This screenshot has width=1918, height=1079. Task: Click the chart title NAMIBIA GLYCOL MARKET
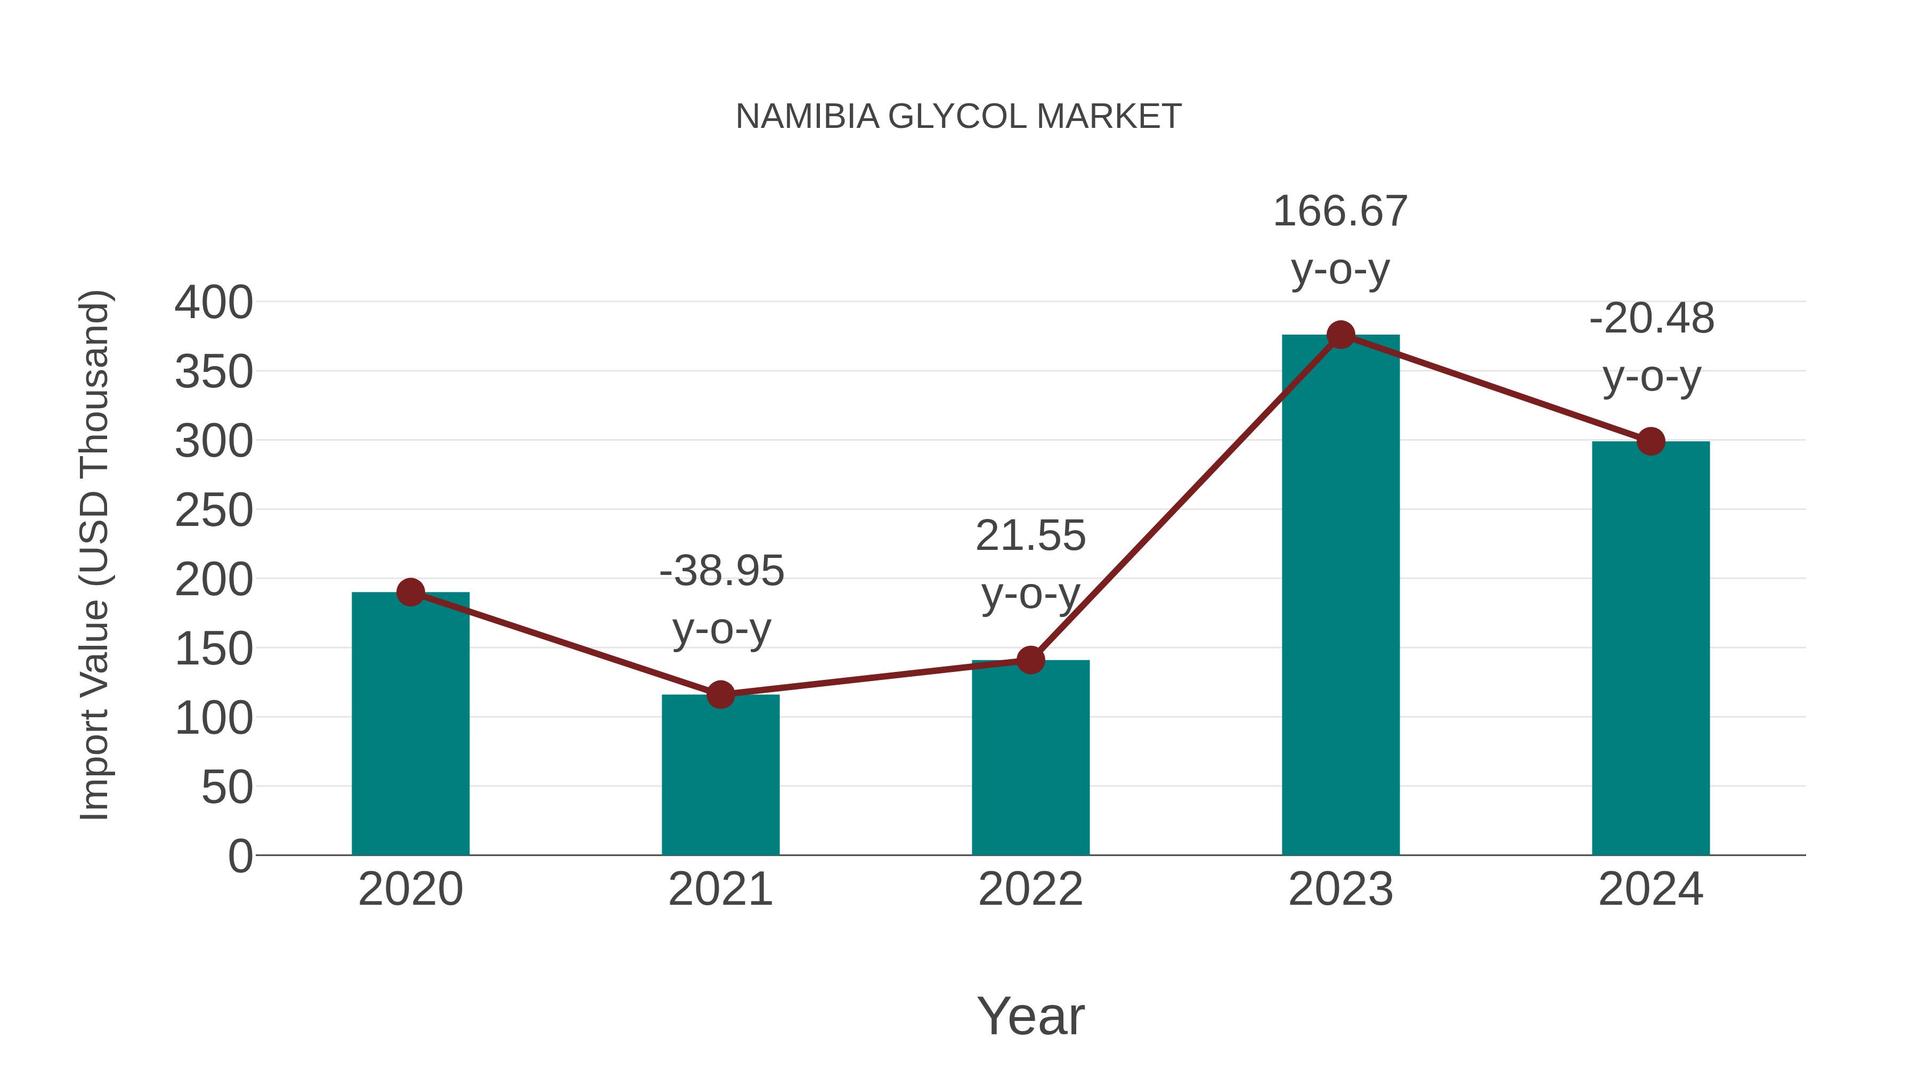click(x=958, y=117)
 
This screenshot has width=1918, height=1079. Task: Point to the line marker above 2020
click(x=410, y=593)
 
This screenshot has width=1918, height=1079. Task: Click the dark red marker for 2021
click(x=720, y=695)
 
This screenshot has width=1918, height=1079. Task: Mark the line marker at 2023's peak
click(x=1340, y=335)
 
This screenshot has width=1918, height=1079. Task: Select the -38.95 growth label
click(x=721, y=571)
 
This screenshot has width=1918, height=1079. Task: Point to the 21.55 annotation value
click(x=1030, y=536)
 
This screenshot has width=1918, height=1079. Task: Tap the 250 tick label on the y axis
click(x=214, y=511)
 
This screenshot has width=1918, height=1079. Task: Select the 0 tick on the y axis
click(x=240, y=856)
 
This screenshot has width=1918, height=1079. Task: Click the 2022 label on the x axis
click(x=1030, y=889)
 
